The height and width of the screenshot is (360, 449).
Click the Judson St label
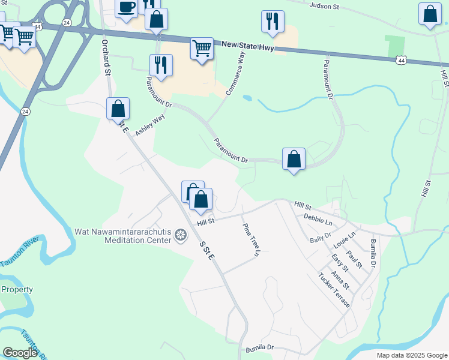(x=324, y=7)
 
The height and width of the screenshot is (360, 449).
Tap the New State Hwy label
(x=247, y=46)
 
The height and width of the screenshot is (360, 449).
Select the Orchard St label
(x=106, y=58)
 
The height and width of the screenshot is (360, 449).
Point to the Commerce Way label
(x=236, y=74)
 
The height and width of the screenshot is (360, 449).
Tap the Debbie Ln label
(x=318, y=218)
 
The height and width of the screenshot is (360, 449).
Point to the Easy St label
(x=340, y=262)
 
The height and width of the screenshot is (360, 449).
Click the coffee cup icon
(x=126, y=8)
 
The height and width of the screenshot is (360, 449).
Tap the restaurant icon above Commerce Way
(x=273, y=22)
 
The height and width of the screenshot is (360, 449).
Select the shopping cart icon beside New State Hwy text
(x=202, y=48)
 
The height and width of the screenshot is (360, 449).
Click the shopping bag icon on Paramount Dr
(x=294, y=160)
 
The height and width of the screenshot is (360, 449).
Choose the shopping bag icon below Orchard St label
(x=118, y=109)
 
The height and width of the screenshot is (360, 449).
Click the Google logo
(x=20, y=353)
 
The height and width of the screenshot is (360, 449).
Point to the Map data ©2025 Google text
(x=411, y=355)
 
